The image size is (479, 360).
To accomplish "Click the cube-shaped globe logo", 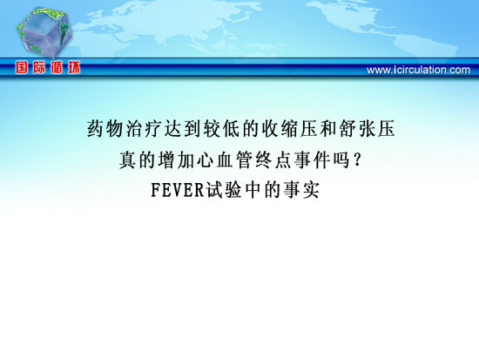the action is [x=44, y=32].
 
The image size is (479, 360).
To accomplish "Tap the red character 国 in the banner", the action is [x=22, y=67].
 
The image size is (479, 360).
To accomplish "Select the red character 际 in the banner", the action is [x=39, y=67].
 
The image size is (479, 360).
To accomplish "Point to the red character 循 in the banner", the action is [x=57, y=67].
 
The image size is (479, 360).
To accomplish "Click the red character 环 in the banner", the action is [x=74, y=67].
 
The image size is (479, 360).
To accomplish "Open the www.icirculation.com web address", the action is [x=418, y=70].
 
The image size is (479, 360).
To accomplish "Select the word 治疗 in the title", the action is [x=145, y=128].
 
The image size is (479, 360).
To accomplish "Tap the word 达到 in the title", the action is [x=183, y=128].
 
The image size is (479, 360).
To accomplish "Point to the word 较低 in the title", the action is [x=222, y=128].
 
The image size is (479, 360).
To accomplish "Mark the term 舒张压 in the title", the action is [x=368, y=128].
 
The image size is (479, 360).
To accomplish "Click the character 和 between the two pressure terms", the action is [x=328, y=128].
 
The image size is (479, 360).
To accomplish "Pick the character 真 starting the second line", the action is [x=128, y=160].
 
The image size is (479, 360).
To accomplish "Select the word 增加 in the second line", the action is [x=176, y=160].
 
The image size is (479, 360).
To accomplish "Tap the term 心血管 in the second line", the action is [x=225, y=160].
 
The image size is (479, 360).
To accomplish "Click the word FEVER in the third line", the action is [x=178, y=190].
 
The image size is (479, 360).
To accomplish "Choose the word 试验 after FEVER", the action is [x=224, y=190].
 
